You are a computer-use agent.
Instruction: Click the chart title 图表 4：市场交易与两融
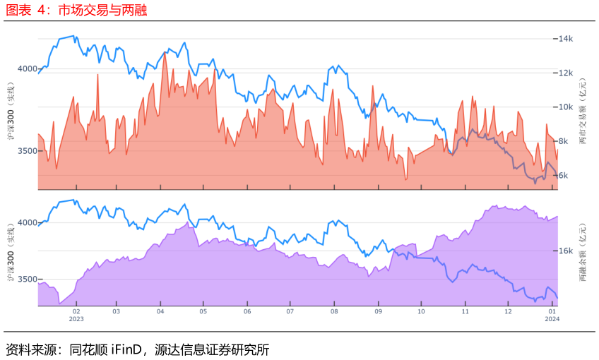[76, 11]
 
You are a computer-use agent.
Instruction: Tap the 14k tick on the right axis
[565, 39]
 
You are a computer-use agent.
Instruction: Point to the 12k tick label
[565, 73]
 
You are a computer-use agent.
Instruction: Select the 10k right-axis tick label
[565, 107]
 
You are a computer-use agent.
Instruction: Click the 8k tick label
[564, 141]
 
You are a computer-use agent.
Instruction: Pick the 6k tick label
[564, 176]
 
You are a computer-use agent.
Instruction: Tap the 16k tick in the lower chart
[565, 251]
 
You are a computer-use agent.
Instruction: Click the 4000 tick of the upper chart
[27, 68]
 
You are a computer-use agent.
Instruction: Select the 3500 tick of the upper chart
[27, 151]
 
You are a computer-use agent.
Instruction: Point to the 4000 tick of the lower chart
[27, 222]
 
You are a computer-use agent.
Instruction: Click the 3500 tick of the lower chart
[27, 279]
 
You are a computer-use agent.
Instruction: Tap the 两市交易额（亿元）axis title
[583, 111]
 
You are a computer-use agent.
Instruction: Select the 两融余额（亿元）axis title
[583, 252]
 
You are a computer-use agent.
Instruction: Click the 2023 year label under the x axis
[76, 319]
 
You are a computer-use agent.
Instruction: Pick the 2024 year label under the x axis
[552, 319]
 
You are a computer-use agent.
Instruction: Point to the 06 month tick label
[247, 311]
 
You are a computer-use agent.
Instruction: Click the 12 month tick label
[508, 311]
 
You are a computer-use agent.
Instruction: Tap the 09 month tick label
[378, 311]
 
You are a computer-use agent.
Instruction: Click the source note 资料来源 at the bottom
[138, 349]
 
